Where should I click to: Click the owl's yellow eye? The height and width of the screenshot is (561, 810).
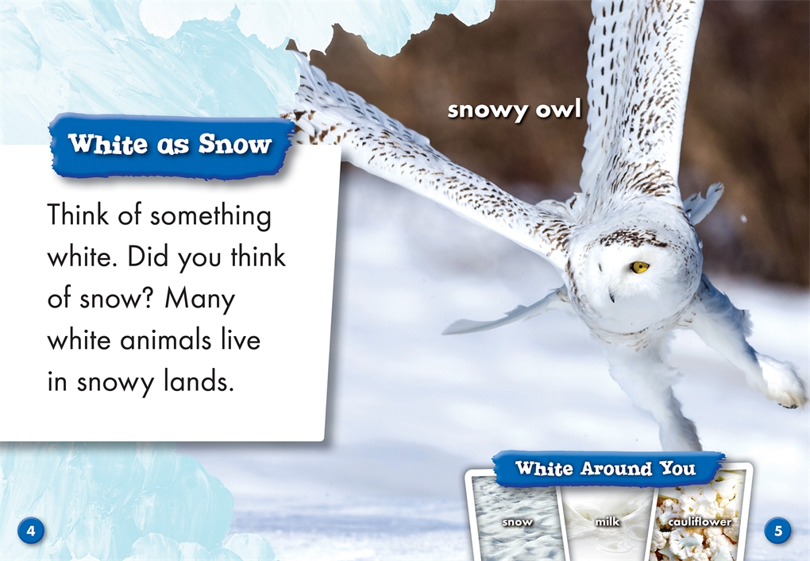coord(639,267)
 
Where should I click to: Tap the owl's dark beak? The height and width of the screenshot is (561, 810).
coord(611,296)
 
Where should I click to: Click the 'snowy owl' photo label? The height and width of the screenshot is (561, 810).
coord(514,110)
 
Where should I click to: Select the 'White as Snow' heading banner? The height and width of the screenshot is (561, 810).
coord(171,145)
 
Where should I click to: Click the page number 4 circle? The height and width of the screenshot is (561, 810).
coord(31,531)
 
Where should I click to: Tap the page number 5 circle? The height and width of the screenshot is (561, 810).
coord(777,531)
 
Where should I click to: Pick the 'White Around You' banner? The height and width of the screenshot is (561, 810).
coord(607,469)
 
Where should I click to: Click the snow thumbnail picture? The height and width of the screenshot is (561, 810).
coord(517,518)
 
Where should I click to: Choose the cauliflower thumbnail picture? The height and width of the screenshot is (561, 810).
coord(698,518)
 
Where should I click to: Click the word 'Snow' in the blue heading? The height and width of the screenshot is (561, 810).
coord(235,145)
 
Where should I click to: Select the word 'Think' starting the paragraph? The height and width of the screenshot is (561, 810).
coord(79,215)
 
